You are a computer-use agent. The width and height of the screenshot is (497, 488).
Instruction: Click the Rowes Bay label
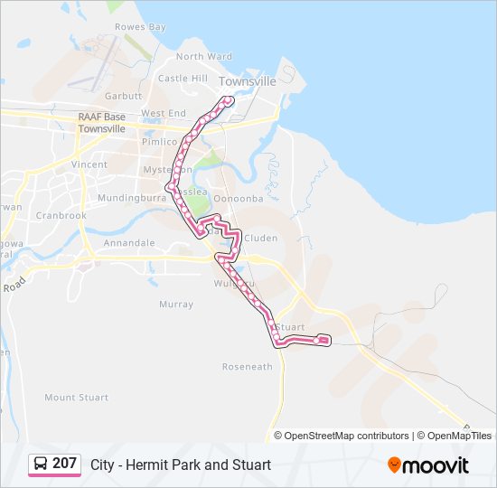point(140,27)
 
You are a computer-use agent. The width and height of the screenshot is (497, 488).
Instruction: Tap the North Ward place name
point(203,56)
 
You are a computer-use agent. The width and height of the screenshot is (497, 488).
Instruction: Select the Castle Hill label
point(183,79)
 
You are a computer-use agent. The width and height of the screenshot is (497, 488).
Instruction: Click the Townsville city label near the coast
point(247,81)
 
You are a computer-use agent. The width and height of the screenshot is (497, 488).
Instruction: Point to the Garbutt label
point(123,96)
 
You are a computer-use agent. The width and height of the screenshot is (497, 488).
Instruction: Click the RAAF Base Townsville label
point(101,123)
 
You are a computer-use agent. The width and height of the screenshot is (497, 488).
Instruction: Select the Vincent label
point(89,165)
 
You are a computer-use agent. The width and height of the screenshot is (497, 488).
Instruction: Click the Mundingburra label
point(127,196)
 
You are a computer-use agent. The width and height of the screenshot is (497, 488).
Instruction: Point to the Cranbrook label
point(61,216)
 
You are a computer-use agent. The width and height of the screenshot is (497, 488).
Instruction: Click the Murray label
point(175,305)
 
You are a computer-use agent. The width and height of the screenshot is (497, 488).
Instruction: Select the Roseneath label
point(247,367)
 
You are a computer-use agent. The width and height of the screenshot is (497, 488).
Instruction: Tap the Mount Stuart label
point(76,398)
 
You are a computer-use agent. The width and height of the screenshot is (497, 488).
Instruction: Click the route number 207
point(64,464)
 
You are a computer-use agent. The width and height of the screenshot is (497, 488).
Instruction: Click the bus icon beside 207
point(41,464)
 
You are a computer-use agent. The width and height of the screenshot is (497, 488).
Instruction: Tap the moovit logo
point(428,465)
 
